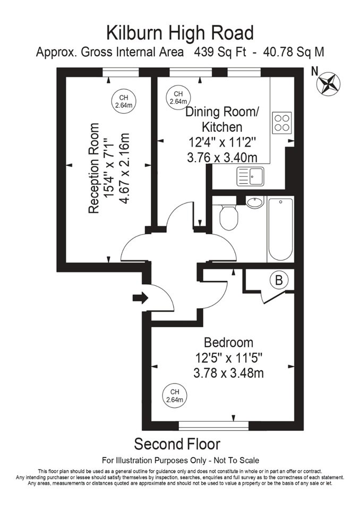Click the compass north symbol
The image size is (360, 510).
click(328, 83)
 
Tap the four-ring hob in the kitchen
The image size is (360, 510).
click(282, 123)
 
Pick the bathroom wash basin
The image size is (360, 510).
click(255, 201)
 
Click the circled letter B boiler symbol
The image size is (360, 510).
click(278, 280)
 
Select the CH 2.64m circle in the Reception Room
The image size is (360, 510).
click(123, 101)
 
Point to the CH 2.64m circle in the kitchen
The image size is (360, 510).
click(178, 98)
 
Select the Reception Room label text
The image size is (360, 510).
click(94, 168)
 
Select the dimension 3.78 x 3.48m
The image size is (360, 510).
click(228, 372)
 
